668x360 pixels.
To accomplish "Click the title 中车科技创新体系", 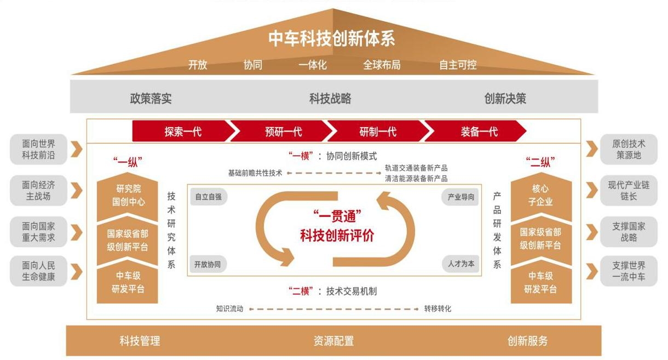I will pyautogui.click(x=331, y=39).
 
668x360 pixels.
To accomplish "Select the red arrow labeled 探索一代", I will pyautogui.click(x=183, y=132).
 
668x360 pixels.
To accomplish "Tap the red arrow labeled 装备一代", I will pyautogui.click(x=479, y=132).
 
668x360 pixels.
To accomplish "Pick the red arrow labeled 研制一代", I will pyautogui.click(x=378, y=132).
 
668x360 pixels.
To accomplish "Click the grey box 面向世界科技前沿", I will pyautogui.click(x=38, y=149).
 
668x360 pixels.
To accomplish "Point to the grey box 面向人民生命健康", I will pyautogui.click(x=38, y=271).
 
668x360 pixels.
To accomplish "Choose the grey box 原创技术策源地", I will pyautogui.click(x=629, y=149).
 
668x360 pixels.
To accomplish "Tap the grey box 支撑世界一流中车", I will pyautogui.click(x=629, y=271).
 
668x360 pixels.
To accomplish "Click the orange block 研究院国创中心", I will pyautogui.click(x=128, y=195).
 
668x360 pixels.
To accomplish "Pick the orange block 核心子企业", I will pyautogui.click(x=541, y=195).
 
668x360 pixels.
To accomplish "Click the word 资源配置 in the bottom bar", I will pyautogui.click(x=333, y=341).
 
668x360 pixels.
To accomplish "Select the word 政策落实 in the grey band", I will pyautogui.click(x=151, y=99).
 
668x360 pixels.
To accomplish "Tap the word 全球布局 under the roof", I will pyautogui.click(x=382, y=65).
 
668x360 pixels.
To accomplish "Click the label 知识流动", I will pyautogui.click(x=229, y=308).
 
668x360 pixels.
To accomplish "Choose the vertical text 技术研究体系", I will pyautogui.click(x=171, y=230).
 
